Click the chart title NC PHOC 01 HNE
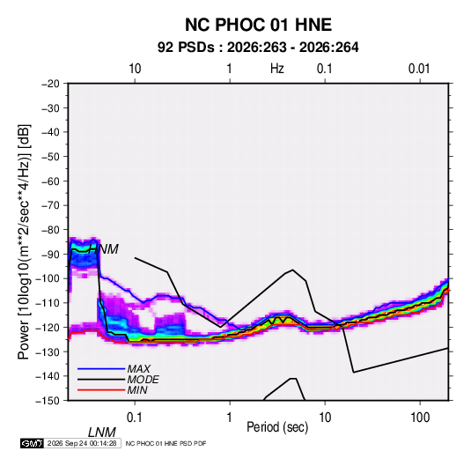click(258, 25)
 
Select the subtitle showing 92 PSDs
click(258, 48)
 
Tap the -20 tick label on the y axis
click(50, 84)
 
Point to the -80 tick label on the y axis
click(50, 230)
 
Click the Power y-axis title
click(24, 241)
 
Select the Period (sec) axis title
click(277, 427)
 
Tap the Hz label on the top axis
click(277, 69)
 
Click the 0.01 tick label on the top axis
click(419, 69)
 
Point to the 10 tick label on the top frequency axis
click(135, 69)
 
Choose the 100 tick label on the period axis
click(420, 418)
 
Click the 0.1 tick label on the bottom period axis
click(135, 418)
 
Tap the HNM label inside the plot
click(103, 249)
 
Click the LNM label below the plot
click(102, 433)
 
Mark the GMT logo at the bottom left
click(32, 443)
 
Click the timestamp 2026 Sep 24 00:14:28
click(82, 443)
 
